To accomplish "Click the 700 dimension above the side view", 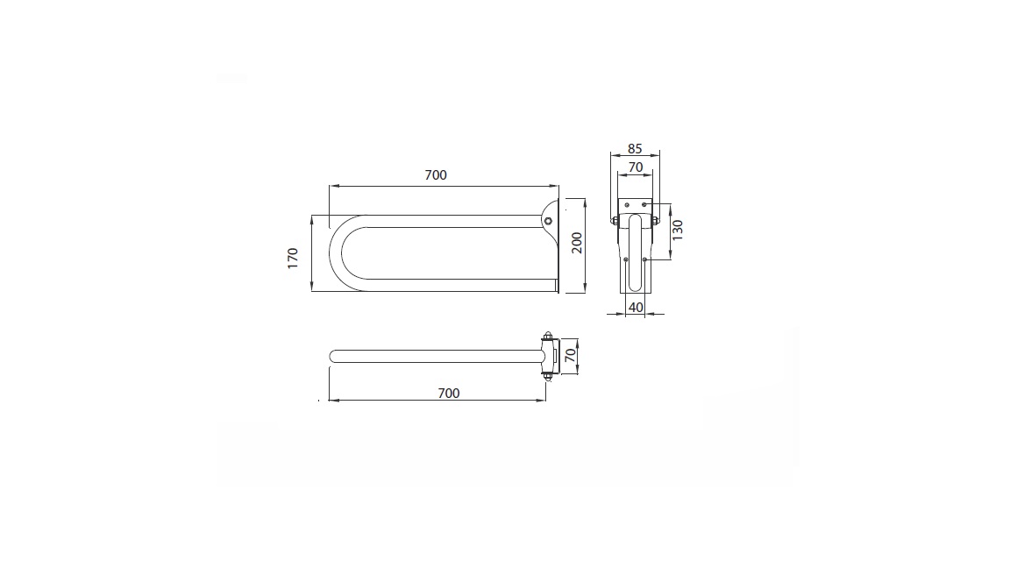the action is coord(436,175).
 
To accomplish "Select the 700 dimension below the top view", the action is coord(449,393).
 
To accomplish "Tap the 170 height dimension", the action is coord(293,258).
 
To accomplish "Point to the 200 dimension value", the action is coord(577,243).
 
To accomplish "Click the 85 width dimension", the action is coord(635,149).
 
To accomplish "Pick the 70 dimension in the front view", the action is coord(635,167).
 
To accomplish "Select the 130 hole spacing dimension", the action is coord(678,230).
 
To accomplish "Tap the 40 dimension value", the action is coord(636,307).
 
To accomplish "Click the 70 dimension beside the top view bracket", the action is coord(570,356).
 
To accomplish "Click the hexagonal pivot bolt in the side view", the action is coord(547,221).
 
